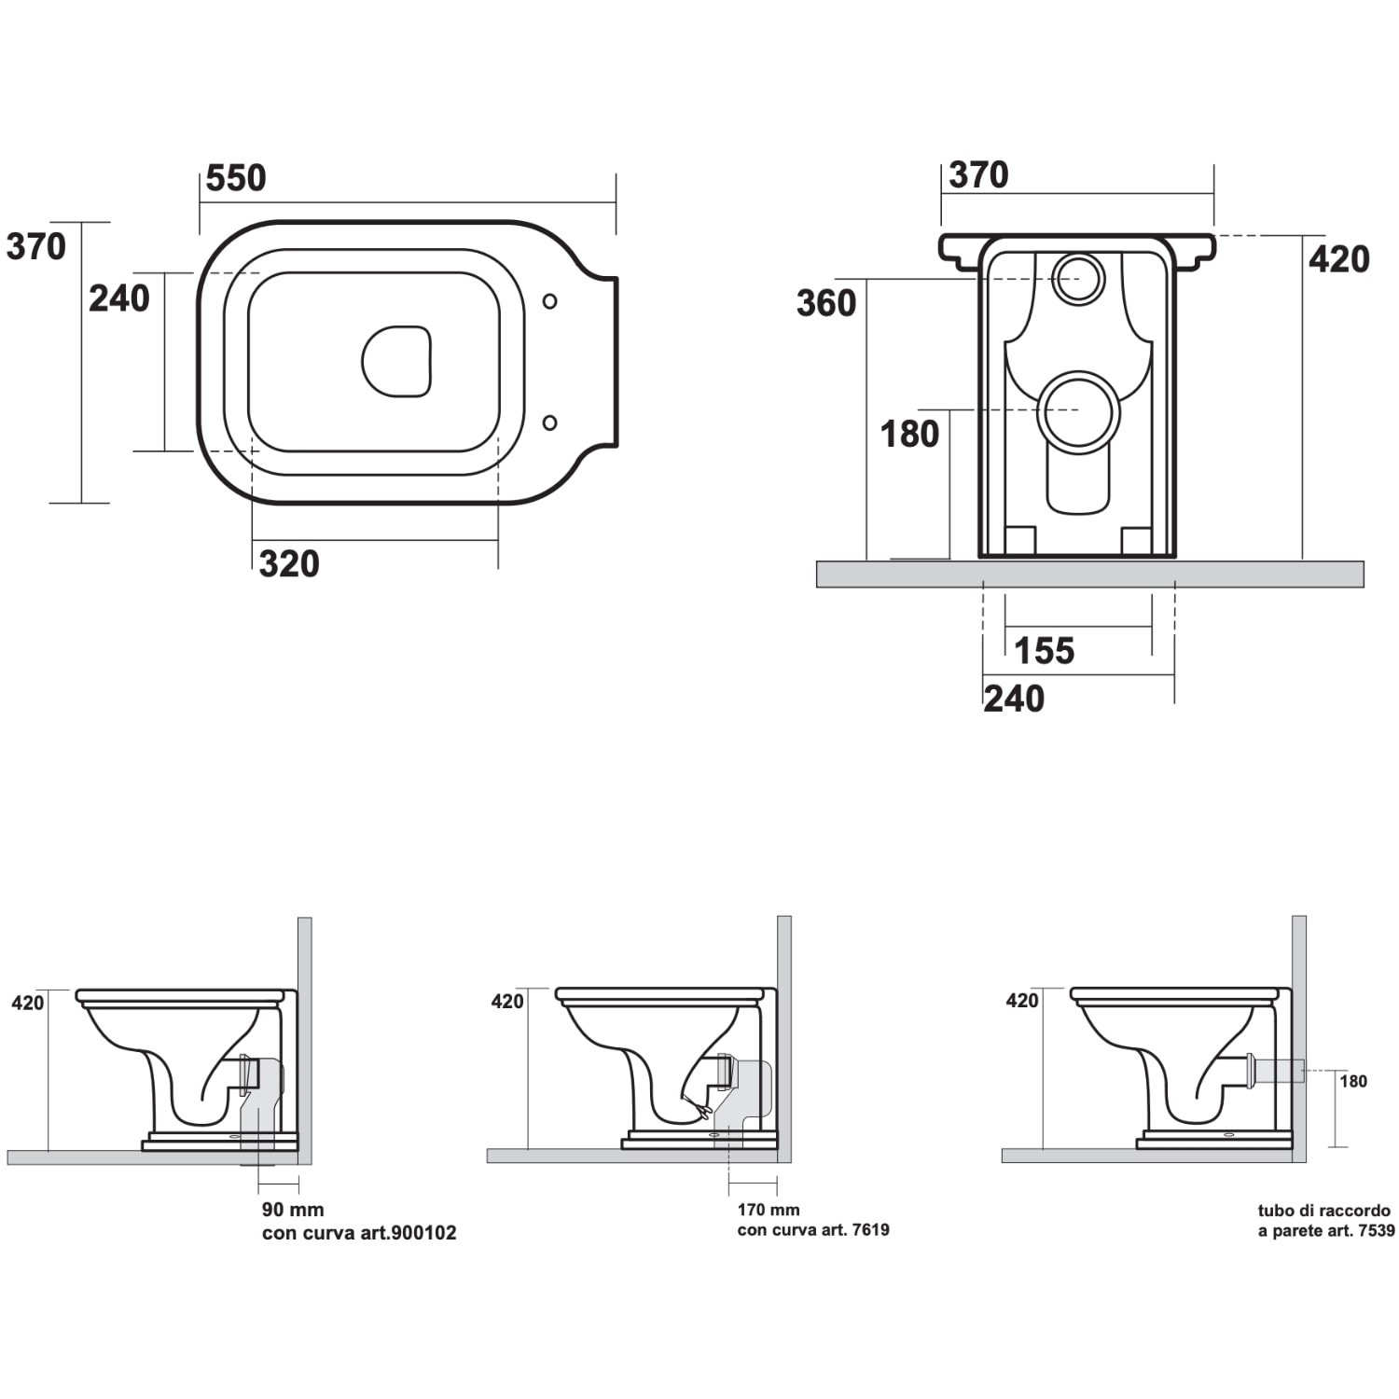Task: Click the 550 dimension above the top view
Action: tap(236, 177)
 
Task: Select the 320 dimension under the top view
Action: tap(289, 563)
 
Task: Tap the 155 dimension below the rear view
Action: tap(1045, 651)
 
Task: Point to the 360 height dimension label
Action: tap(826, 303)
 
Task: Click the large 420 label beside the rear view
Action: tap(1339, 259)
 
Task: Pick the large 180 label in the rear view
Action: tap(910, 434)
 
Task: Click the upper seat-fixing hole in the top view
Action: tap(550, 301)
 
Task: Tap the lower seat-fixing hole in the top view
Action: tap(550, 422)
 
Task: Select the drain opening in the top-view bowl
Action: tap(397, 361)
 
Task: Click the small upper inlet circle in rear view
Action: tap(1078, 278)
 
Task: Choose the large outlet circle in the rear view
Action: tap(1078, 411)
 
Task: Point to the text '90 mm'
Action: tap(293, 1210)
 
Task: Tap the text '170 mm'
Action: tap(769, 1210)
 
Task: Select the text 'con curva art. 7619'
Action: tap(813, 1230)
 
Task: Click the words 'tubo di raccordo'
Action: tap(1324, 1211)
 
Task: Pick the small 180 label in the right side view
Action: tap(1353, 1082)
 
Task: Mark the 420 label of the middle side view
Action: tap(507, 1002)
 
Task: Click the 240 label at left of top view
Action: tap(119, 298)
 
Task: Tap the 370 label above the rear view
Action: tap(978, 175)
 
